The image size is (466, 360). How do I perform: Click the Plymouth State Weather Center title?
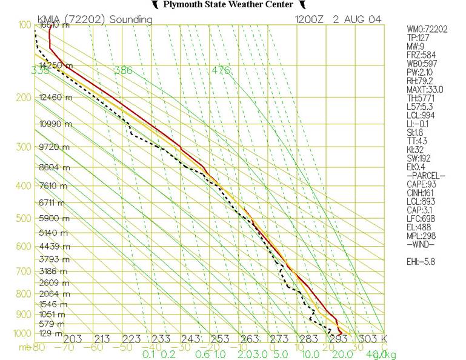(233, 5)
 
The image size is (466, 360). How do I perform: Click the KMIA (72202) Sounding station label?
(94, 19)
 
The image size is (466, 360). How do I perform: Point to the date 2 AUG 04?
(358, 19)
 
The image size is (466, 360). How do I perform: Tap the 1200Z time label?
(309, 19)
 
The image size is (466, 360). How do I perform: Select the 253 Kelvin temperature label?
(221, 338)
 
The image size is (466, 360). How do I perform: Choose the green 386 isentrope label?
(123, 71)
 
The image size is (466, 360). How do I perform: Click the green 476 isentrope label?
(221, 71)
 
